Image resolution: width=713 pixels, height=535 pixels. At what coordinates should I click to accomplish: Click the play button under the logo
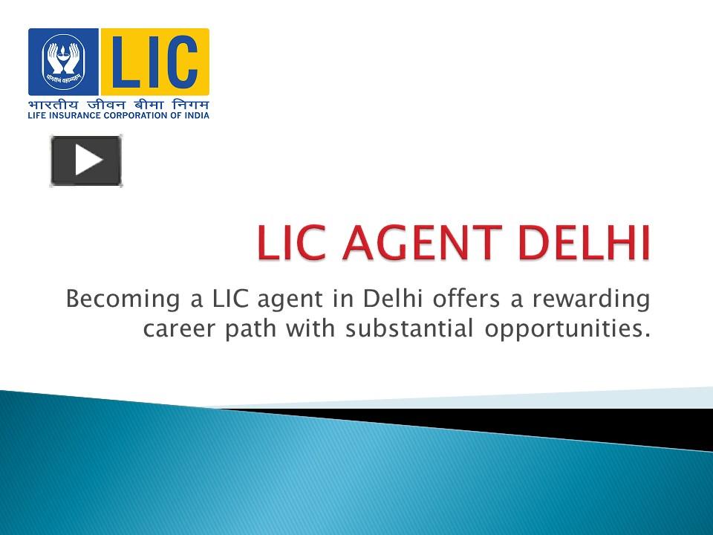[86, 160]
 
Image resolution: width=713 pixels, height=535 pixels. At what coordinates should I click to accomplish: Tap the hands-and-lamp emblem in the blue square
[63, 61]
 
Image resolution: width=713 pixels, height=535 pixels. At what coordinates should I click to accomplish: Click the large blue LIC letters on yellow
[154, 61]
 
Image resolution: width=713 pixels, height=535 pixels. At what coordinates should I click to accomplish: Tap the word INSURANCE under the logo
[78, 114]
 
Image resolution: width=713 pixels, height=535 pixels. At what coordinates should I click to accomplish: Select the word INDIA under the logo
[198, 114]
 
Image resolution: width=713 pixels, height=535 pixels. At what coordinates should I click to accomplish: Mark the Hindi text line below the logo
[119, 103]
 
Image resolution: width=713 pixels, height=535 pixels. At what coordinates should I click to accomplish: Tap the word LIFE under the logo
[38, 114]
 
